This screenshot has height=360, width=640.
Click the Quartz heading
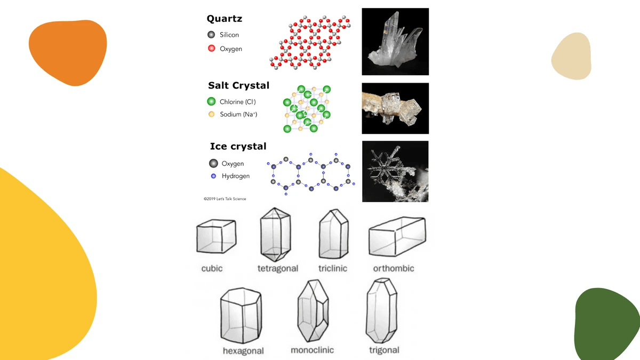(x=224, y=19)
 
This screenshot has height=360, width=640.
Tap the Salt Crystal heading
(x=238, y=85)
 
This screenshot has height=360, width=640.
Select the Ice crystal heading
(x=238, y=146)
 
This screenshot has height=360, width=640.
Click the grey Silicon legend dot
(x=211, y=35)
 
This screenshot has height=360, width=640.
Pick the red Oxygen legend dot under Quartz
(x=211, y=49)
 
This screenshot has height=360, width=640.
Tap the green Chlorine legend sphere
(x=211, y=101)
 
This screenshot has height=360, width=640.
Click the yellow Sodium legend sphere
(x=211, y=114)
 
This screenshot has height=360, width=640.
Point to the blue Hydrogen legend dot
(x=213, y=176)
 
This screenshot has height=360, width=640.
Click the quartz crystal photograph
(x=395, y=41)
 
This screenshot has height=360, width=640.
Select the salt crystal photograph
(x=395, y=108)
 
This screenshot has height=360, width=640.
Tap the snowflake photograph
(x=395, y=171)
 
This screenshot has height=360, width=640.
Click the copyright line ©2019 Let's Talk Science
(x=225, y=199)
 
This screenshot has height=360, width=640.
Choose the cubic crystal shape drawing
(x=216, y=237)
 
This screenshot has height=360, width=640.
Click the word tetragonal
(x=277, y=268)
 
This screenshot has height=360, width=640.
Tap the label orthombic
(x=393, y=268)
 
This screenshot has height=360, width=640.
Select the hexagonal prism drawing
(x=241, y=316)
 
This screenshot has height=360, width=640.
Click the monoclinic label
(x=312, y=350)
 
